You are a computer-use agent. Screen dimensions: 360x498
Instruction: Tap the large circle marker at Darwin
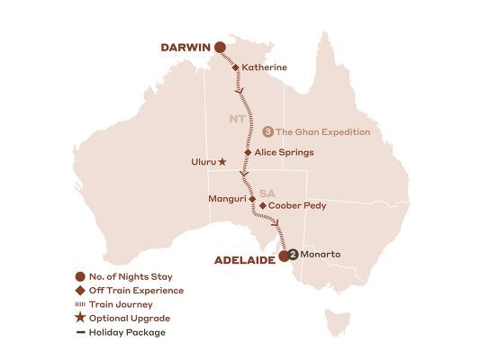point(218,48)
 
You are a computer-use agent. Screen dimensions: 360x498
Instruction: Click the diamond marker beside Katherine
point(236,67)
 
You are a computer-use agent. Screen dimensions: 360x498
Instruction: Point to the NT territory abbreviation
point(236,118)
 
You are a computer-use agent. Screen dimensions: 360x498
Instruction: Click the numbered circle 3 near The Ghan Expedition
point(267,132)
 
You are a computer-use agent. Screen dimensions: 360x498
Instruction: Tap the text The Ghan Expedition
point(322,132)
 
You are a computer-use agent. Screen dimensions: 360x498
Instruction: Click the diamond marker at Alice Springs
point(248,153)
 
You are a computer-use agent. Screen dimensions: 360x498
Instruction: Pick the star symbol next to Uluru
point(222,163)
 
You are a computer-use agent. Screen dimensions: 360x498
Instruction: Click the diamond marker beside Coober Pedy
point(262,206)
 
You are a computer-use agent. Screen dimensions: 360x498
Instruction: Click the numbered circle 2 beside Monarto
point(293,255)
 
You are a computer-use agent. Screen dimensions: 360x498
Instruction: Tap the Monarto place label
point(320,255)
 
